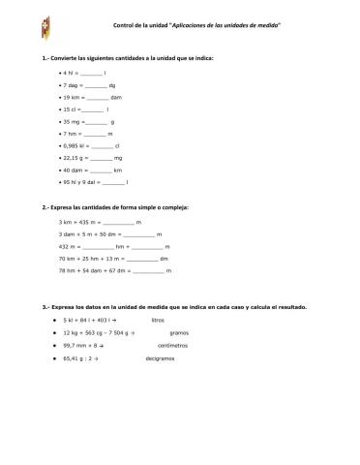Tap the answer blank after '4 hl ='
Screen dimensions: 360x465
91,73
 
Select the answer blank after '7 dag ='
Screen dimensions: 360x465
96,86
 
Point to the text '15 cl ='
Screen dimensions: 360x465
74,111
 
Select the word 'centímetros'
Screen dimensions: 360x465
172,344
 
